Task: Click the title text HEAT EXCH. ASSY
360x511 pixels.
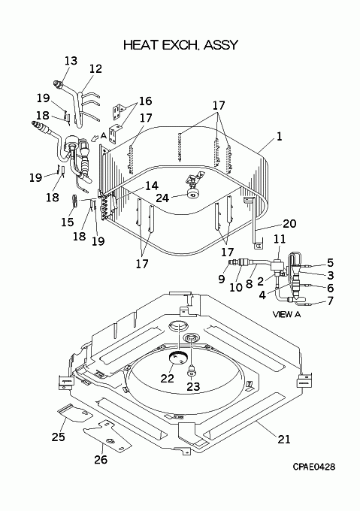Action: tap(181, 45)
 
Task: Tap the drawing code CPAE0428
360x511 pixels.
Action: tap(313, 467)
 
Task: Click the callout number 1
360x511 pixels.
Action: tap(279, 137)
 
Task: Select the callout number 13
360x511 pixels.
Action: tap(71, 61)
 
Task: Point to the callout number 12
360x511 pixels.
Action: tap(95, 69)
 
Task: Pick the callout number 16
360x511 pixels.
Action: tap(145, 101)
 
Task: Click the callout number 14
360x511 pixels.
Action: tap(152, 186)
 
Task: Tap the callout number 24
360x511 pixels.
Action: tap(162, 198)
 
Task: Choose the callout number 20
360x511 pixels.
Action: tap(289, 224)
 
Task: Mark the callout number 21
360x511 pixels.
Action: tap(284, 440)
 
